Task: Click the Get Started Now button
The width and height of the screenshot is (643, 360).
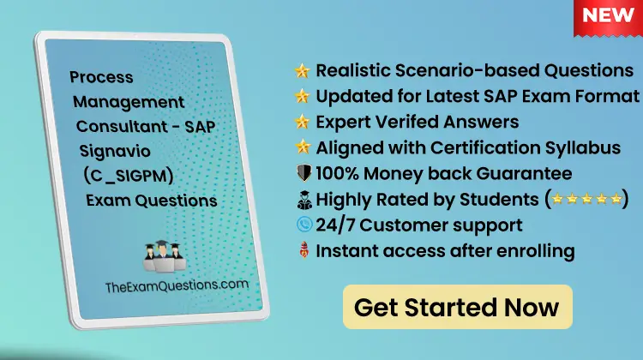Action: click(456, 307)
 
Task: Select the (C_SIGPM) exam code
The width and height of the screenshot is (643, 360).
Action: click(129, 176)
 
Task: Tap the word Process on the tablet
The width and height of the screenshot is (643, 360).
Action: click(101, 77)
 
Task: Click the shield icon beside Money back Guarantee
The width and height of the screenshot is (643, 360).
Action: click(301, 174)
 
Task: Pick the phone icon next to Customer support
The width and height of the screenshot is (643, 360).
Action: click(301, 226)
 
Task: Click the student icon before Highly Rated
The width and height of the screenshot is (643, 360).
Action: click(301, 201)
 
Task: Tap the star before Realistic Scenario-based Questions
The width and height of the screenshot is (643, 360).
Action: click(302, 70)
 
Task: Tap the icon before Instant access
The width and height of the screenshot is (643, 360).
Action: click(301, 252)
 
